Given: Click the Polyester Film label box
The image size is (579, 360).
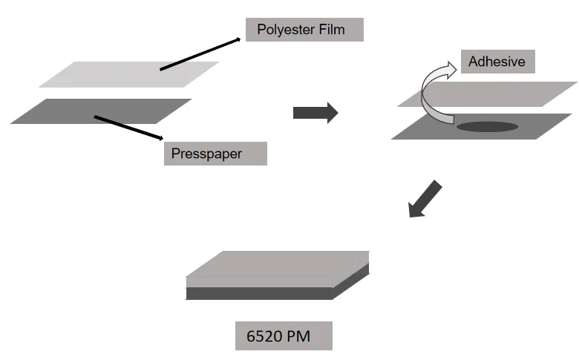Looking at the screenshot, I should [304, 30].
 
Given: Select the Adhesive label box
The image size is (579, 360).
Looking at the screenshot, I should [497, 62].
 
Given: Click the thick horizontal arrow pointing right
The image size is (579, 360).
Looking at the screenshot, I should [315, 113].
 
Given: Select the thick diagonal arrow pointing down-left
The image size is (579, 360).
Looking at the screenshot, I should [426, 199].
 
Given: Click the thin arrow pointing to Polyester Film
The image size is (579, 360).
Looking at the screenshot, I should [200, 55].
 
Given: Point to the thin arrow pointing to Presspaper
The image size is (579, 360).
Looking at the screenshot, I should [128, 127].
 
